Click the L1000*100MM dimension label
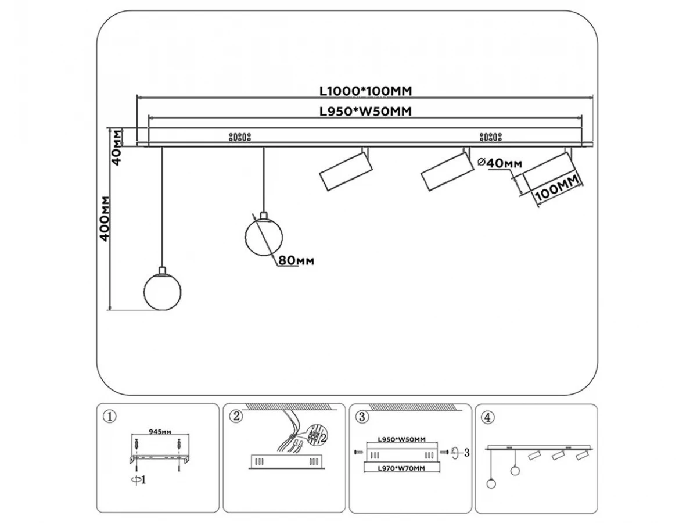[x=365, y=91]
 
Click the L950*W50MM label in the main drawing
[x=365, y=112]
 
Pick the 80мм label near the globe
[x=296, y=261]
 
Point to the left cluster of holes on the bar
[x=239, y=137]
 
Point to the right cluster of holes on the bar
[x=491, y=137]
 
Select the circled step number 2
[x=235, y=416]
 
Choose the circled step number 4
[x=487, y=416]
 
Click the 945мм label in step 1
[x=159, y=432]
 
